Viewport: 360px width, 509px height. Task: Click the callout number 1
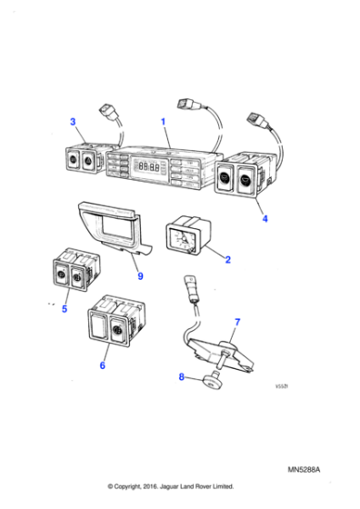click(x=164, y=122)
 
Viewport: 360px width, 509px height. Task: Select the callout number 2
click(x=227, y=260)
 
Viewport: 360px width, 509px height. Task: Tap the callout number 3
click(x=73, y=122)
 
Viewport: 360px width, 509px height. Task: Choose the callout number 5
click(x=64, y=309)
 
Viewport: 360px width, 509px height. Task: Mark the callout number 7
click(x=237, y=323)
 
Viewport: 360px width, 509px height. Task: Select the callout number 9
click(x=139, y=276)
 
